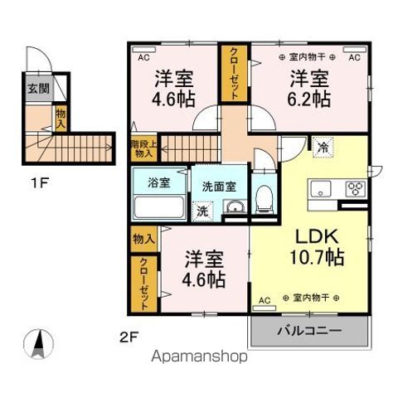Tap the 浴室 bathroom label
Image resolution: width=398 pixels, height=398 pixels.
pos(148,181)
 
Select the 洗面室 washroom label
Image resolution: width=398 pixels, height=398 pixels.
pos(219,186)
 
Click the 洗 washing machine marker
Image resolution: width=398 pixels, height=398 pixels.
pos(202,211)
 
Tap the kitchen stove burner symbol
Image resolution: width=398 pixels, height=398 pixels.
pos(356,187)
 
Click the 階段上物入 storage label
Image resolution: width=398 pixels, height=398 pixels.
pos(143,148)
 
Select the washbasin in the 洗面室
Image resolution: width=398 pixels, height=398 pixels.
pos(234,207)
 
